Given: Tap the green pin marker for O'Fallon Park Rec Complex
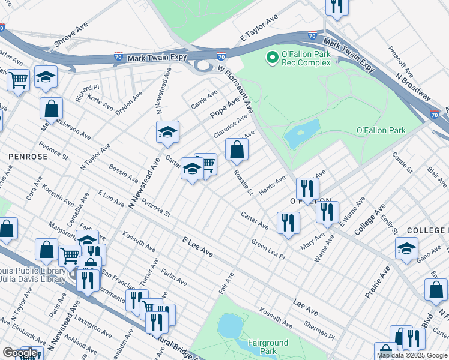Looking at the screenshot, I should tap(272, 58).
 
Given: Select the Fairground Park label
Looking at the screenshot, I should tap(269, 347).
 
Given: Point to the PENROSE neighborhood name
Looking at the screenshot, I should tap(28, 156).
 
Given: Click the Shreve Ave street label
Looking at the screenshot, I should tap(71, 36).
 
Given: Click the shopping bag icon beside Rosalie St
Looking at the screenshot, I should tap(237, 149).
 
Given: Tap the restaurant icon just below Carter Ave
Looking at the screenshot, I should tap(288, 223).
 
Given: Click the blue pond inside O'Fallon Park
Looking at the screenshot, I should tap(301, 134).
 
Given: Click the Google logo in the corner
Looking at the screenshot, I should tap(20, 353).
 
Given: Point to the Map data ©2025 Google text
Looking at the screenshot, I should tap(412, 355).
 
